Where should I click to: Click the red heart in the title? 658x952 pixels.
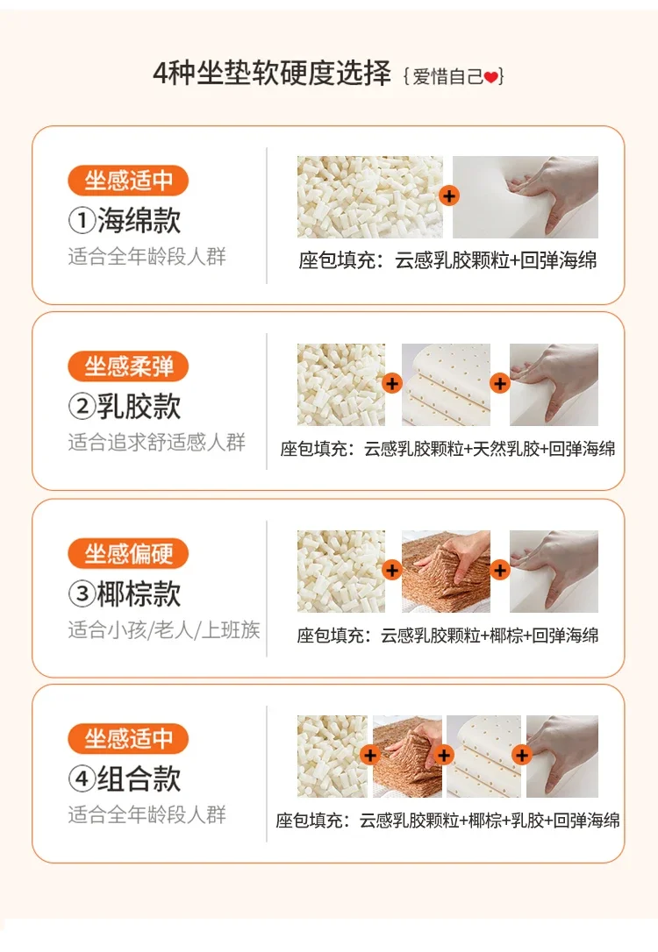(491, 77)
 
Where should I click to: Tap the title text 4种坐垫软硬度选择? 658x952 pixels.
(272, 74)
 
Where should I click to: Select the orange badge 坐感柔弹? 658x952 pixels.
(128, 366)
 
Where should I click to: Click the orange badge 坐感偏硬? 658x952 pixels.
(128, 553)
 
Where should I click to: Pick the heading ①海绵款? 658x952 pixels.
(125, 220)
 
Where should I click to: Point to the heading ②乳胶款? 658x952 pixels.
(125, 406)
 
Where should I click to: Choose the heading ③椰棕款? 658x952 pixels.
(125, 593)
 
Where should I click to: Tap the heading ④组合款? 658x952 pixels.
(125, 779)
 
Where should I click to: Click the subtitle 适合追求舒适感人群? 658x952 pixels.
(157, 442)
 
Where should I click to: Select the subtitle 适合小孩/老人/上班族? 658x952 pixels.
(164, 629)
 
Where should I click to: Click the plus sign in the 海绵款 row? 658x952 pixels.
(449, 196)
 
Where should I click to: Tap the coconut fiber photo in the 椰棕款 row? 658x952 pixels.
(446, 572)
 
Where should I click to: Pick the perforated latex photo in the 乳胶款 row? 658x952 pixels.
(446, 384)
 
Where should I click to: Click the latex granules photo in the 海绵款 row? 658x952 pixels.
(370, 196)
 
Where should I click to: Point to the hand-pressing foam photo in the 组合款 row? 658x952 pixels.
(562, 756)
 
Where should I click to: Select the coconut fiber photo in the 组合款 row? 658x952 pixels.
(407, 756)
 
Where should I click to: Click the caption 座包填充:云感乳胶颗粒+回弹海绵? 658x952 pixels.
(447, 260)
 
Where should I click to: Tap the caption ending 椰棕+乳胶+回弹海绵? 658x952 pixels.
(447, 821)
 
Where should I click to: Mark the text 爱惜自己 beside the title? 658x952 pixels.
(447, 77)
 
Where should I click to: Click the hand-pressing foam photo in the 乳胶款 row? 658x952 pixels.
(554, 384)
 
